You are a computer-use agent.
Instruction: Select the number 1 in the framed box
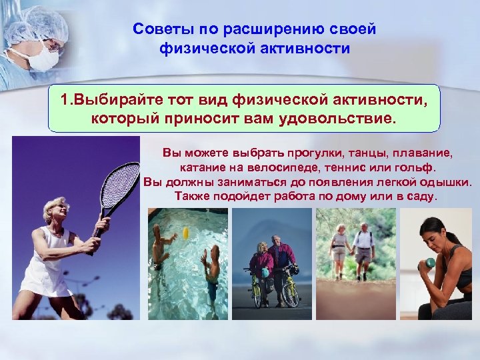coord(64,100)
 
